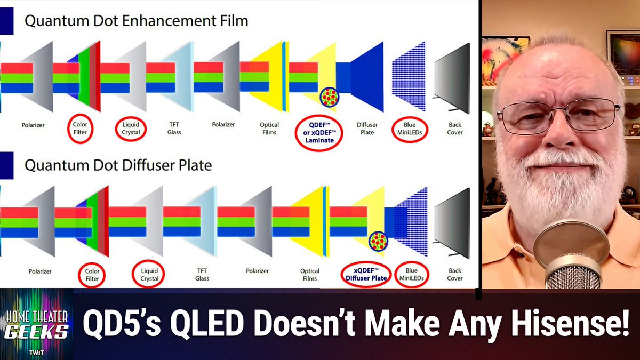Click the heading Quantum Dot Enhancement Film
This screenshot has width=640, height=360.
[137, 22]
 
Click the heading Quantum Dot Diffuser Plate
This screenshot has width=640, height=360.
[118, 165]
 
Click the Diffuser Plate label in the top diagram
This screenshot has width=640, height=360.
[367, 129]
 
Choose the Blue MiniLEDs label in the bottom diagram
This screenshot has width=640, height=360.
[411, 274]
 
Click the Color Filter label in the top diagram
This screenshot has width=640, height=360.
[80, 129]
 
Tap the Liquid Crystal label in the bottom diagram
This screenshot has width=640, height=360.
[149, 274]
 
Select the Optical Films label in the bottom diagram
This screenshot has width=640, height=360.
[309, 274]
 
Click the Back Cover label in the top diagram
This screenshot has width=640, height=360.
[454, 129]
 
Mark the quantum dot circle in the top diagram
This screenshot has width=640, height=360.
[330, 97]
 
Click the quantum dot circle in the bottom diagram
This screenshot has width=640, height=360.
[378, 241]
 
